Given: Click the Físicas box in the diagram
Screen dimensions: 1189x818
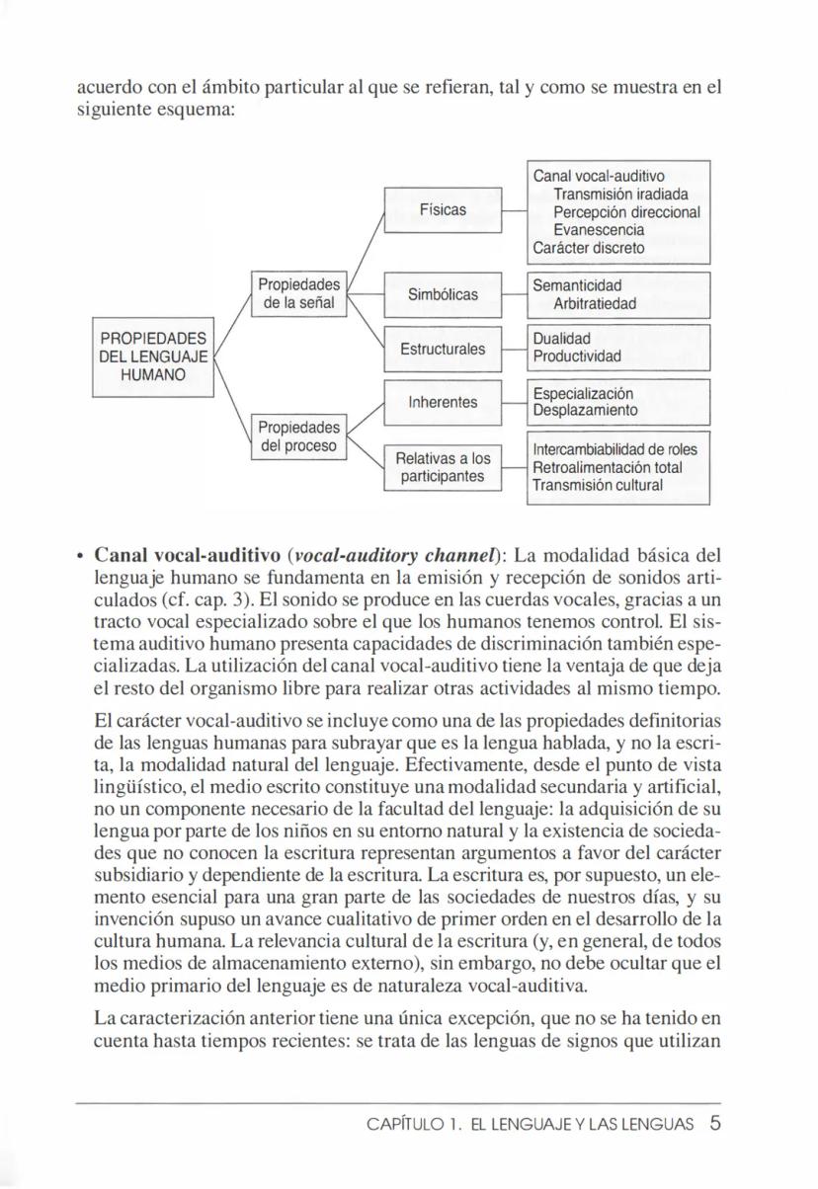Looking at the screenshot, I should click(x=443, y=210).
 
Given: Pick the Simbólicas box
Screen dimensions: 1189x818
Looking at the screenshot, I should click(x=443, y=294).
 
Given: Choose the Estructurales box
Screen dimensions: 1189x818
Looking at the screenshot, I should click(x=443, y=349).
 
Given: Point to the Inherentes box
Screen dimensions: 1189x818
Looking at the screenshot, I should click(x=443, y=402).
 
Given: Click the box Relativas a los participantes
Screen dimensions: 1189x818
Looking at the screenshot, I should click(x=443, y=467).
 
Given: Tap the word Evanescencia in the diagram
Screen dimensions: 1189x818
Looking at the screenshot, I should click(x=599, y=229).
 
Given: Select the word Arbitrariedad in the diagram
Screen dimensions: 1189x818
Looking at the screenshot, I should click(x=595, y=303).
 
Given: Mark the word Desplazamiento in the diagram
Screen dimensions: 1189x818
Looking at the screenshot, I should click(x=585, y=410).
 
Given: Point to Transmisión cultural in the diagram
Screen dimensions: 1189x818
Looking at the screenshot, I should click(x=597, y=485).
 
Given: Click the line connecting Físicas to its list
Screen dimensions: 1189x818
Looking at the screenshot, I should click(x=514, y=210).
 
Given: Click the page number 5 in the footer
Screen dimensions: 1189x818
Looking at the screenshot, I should click(x=714, y=1122).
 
